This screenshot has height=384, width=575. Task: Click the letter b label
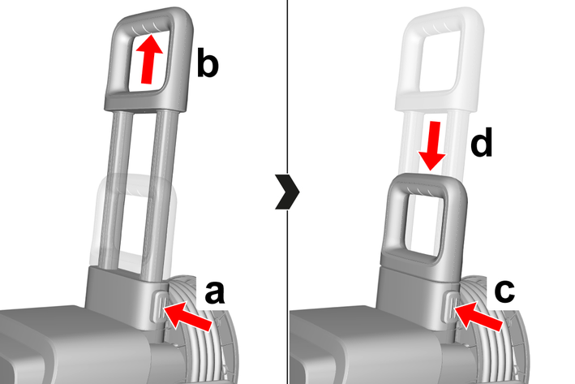208,63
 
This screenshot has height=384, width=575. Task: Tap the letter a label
215,292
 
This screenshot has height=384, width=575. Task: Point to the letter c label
504,291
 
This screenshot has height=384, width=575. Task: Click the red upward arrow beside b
148,59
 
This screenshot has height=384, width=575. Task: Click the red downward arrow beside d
432,146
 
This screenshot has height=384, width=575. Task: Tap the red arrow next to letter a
187,316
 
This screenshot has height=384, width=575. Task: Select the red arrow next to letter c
478,316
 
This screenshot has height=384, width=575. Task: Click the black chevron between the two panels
287,192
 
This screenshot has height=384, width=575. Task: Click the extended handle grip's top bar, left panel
150,19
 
